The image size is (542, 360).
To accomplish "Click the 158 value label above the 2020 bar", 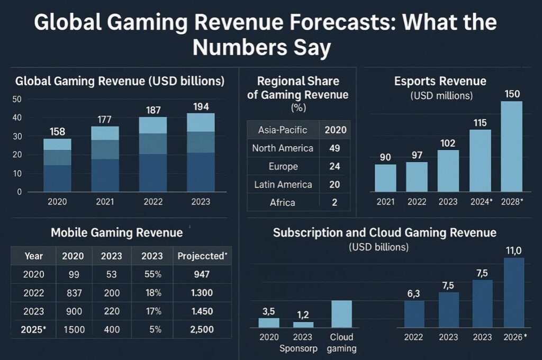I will [x=57, y=131].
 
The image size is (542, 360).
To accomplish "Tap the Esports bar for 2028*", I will [x=511, y=146].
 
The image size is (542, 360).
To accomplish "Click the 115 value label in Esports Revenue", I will [x=480, y=122].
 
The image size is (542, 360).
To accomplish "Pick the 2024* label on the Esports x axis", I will [x=480, y=202].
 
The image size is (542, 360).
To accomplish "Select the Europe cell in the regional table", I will [x=283, y=166].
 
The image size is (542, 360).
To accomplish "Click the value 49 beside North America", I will [x=335, y=148].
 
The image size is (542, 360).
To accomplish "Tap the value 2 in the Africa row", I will [x=335, y=202].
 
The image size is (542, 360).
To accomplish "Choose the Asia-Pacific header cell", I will [x=283, y=130].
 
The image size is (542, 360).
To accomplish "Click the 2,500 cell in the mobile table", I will [x=202, y=329].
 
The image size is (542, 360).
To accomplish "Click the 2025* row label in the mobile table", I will [x=34, y=329].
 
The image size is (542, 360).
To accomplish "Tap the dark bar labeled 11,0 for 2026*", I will [x=513, y=293].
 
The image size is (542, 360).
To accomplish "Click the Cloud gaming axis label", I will [x=341, y=343].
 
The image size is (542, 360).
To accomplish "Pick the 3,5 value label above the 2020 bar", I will [x=268, y=311].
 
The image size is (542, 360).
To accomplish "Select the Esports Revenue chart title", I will [x=440, y=81].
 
